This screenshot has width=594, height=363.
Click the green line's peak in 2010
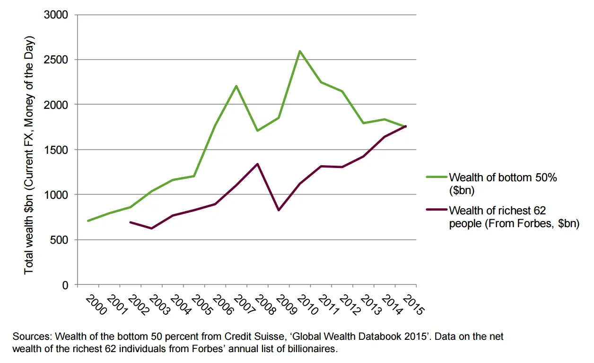pyautogui.click(x=300, y=51)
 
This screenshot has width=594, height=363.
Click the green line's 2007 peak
pyautogui.click(x=236, y=86)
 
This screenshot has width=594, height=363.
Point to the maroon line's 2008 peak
pyautogui.click(x=257, y=164)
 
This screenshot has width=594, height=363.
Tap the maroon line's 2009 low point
pyautogui.click(x=278, y=210)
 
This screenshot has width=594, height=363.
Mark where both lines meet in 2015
pyautogui.click(x=405, y=126)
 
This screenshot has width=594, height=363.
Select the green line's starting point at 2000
pyautogui.click(x=88, y=221)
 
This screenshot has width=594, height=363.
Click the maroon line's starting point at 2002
pyautogui.click(x=130, y=222)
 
